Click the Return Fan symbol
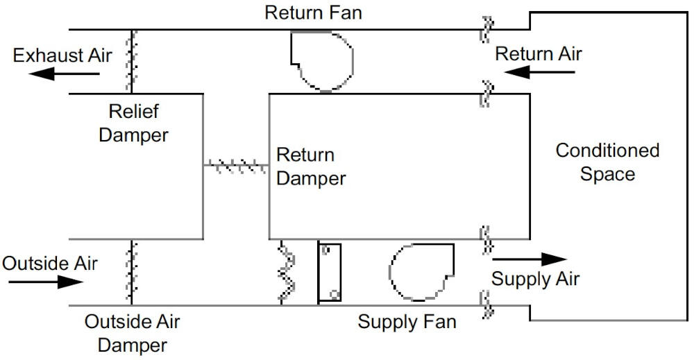click(x=322, y=61)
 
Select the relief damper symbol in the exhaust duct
click(x=129, y=61)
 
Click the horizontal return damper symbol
click(x=236, y=165)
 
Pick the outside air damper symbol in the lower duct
click(x=129, y=272)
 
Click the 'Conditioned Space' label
click(x=607, y=162)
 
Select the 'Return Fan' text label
click(x=313, y=13)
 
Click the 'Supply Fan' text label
click(x=407, y=322)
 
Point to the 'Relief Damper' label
click(x=133, y=123)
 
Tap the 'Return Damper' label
click(x=310, y=166)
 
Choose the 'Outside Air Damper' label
click(x=132, y=333)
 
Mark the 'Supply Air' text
click(x=535, y=279)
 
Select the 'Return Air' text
click(x=539, y=53)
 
